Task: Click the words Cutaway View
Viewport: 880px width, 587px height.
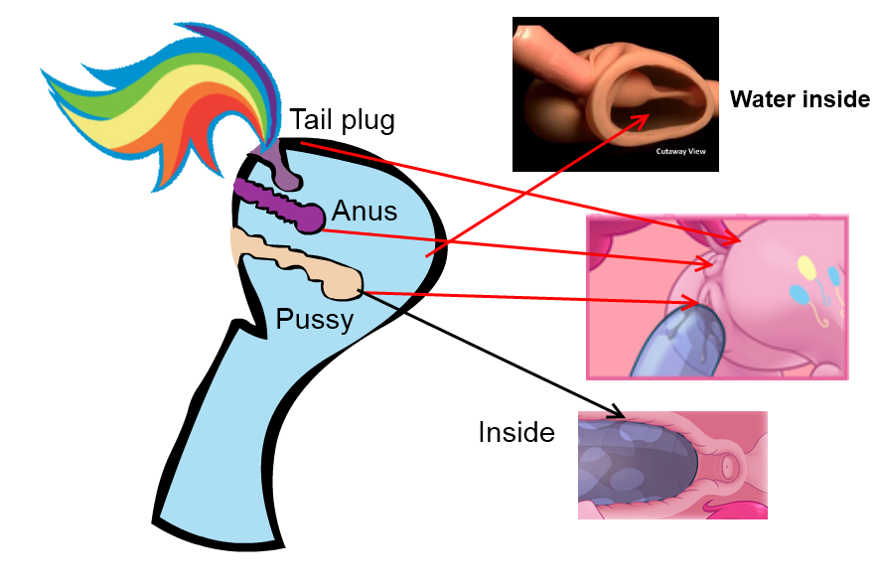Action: pos(680,152)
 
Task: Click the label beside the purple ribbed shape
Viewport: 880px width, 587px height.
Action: pos(365,212)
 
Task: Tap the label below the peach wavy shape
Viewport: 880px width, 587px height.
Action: pos(314,320)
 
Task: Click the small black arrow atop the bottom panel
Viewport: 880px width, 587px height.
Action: pos(616,413)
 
